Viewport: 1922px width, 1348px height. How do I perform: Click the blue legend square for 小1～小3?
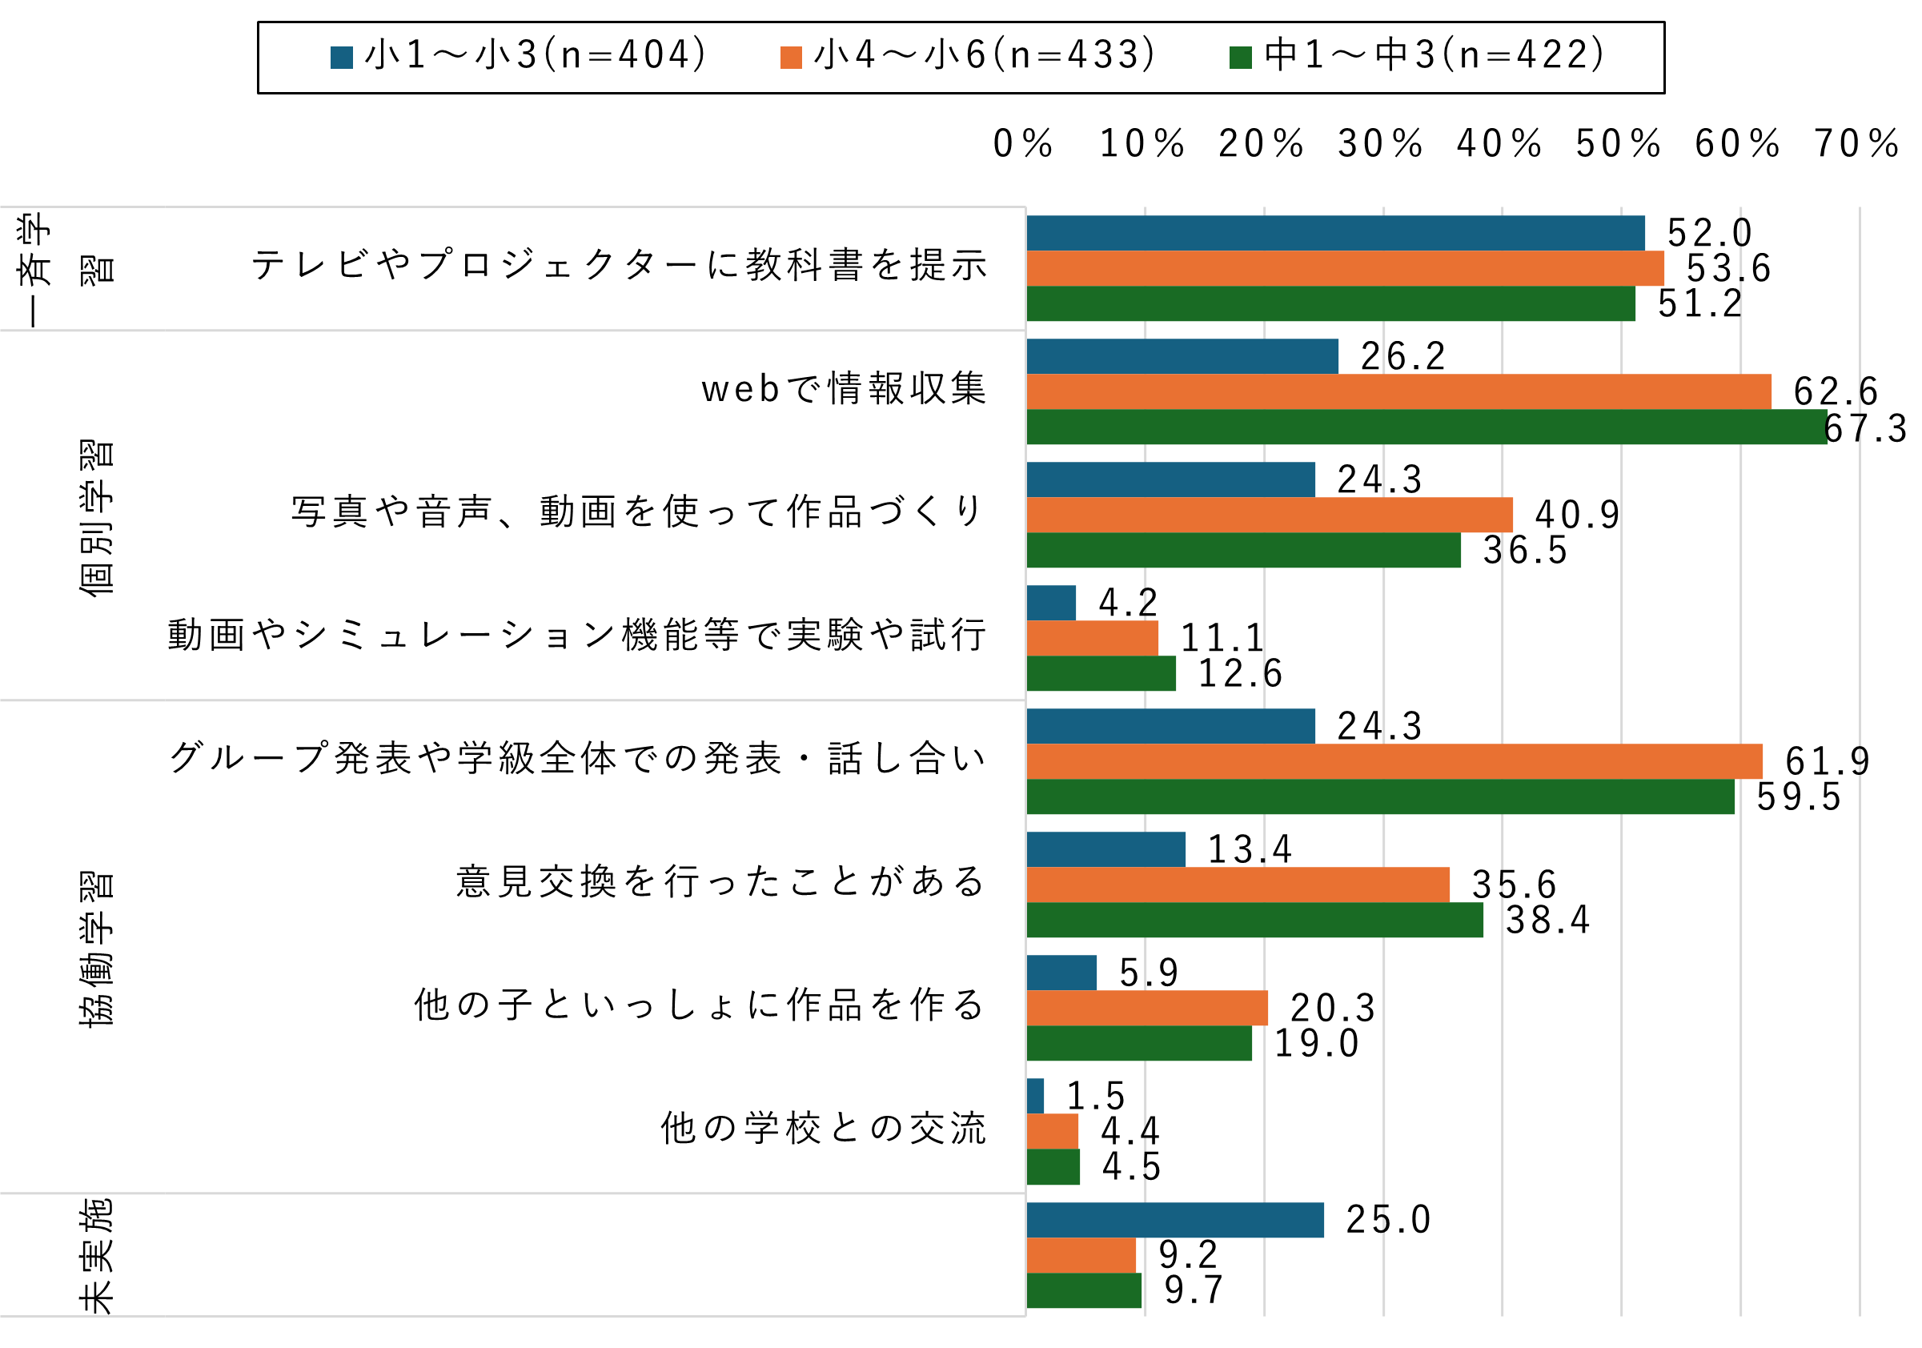pos(342,57)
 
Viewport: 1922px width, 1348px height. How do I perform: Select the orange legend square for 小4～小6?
pos(791,57)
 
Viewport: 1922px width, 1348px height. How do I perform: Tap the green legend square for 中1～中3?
pos(1241,57)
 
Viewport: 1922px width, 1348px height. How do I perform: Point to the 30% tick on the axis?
pos(1380,143)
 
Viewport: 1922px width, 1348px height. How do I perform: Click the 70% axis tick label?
pos(1856,143)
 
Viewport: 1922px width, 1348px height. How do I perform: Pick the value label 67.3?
pos(1865,429)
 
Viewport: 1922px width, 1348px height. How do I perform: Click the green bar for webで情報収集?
pos(1426,426)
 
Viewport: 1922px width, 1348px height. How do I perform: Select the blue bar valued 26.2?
pos(1182,356)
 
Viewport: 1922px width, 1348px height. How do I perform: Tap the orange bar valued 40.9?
pos(1269,515)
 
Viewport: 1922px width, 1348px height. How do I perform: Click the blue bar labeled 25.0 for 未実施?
pos(1175,1220)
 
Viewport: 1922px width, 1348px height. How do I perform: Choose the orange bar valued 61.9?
pos(1394,761)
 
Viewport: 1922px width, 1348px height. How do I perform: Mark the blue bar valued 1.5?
pos(1036,1096)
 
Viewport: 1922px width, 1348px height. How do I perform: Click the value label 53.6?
pos(1727,269)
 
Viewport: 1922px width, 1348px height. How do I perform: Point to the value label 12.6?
pos(1240,673)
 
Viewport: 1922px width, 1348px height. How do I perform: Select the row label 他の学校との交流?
pos(824,1128)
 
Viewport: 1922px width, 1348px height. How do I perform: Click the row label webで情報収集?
pos(844,388)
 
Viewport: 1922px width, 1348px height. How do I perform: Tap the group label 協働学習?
pos(96,948)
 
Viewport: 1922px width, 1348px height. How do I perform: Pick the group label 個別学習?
pos(96,516)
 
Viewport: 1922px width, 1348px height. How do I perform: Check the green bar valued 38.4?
pos(1255,919)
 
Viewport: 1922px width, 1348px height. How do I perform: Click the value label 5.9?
pos(1149,973)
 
